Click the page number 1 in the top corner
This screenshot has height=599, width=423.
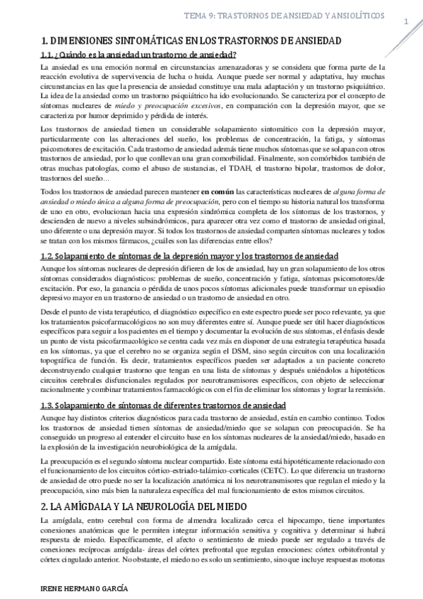[x=406, y=23]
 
